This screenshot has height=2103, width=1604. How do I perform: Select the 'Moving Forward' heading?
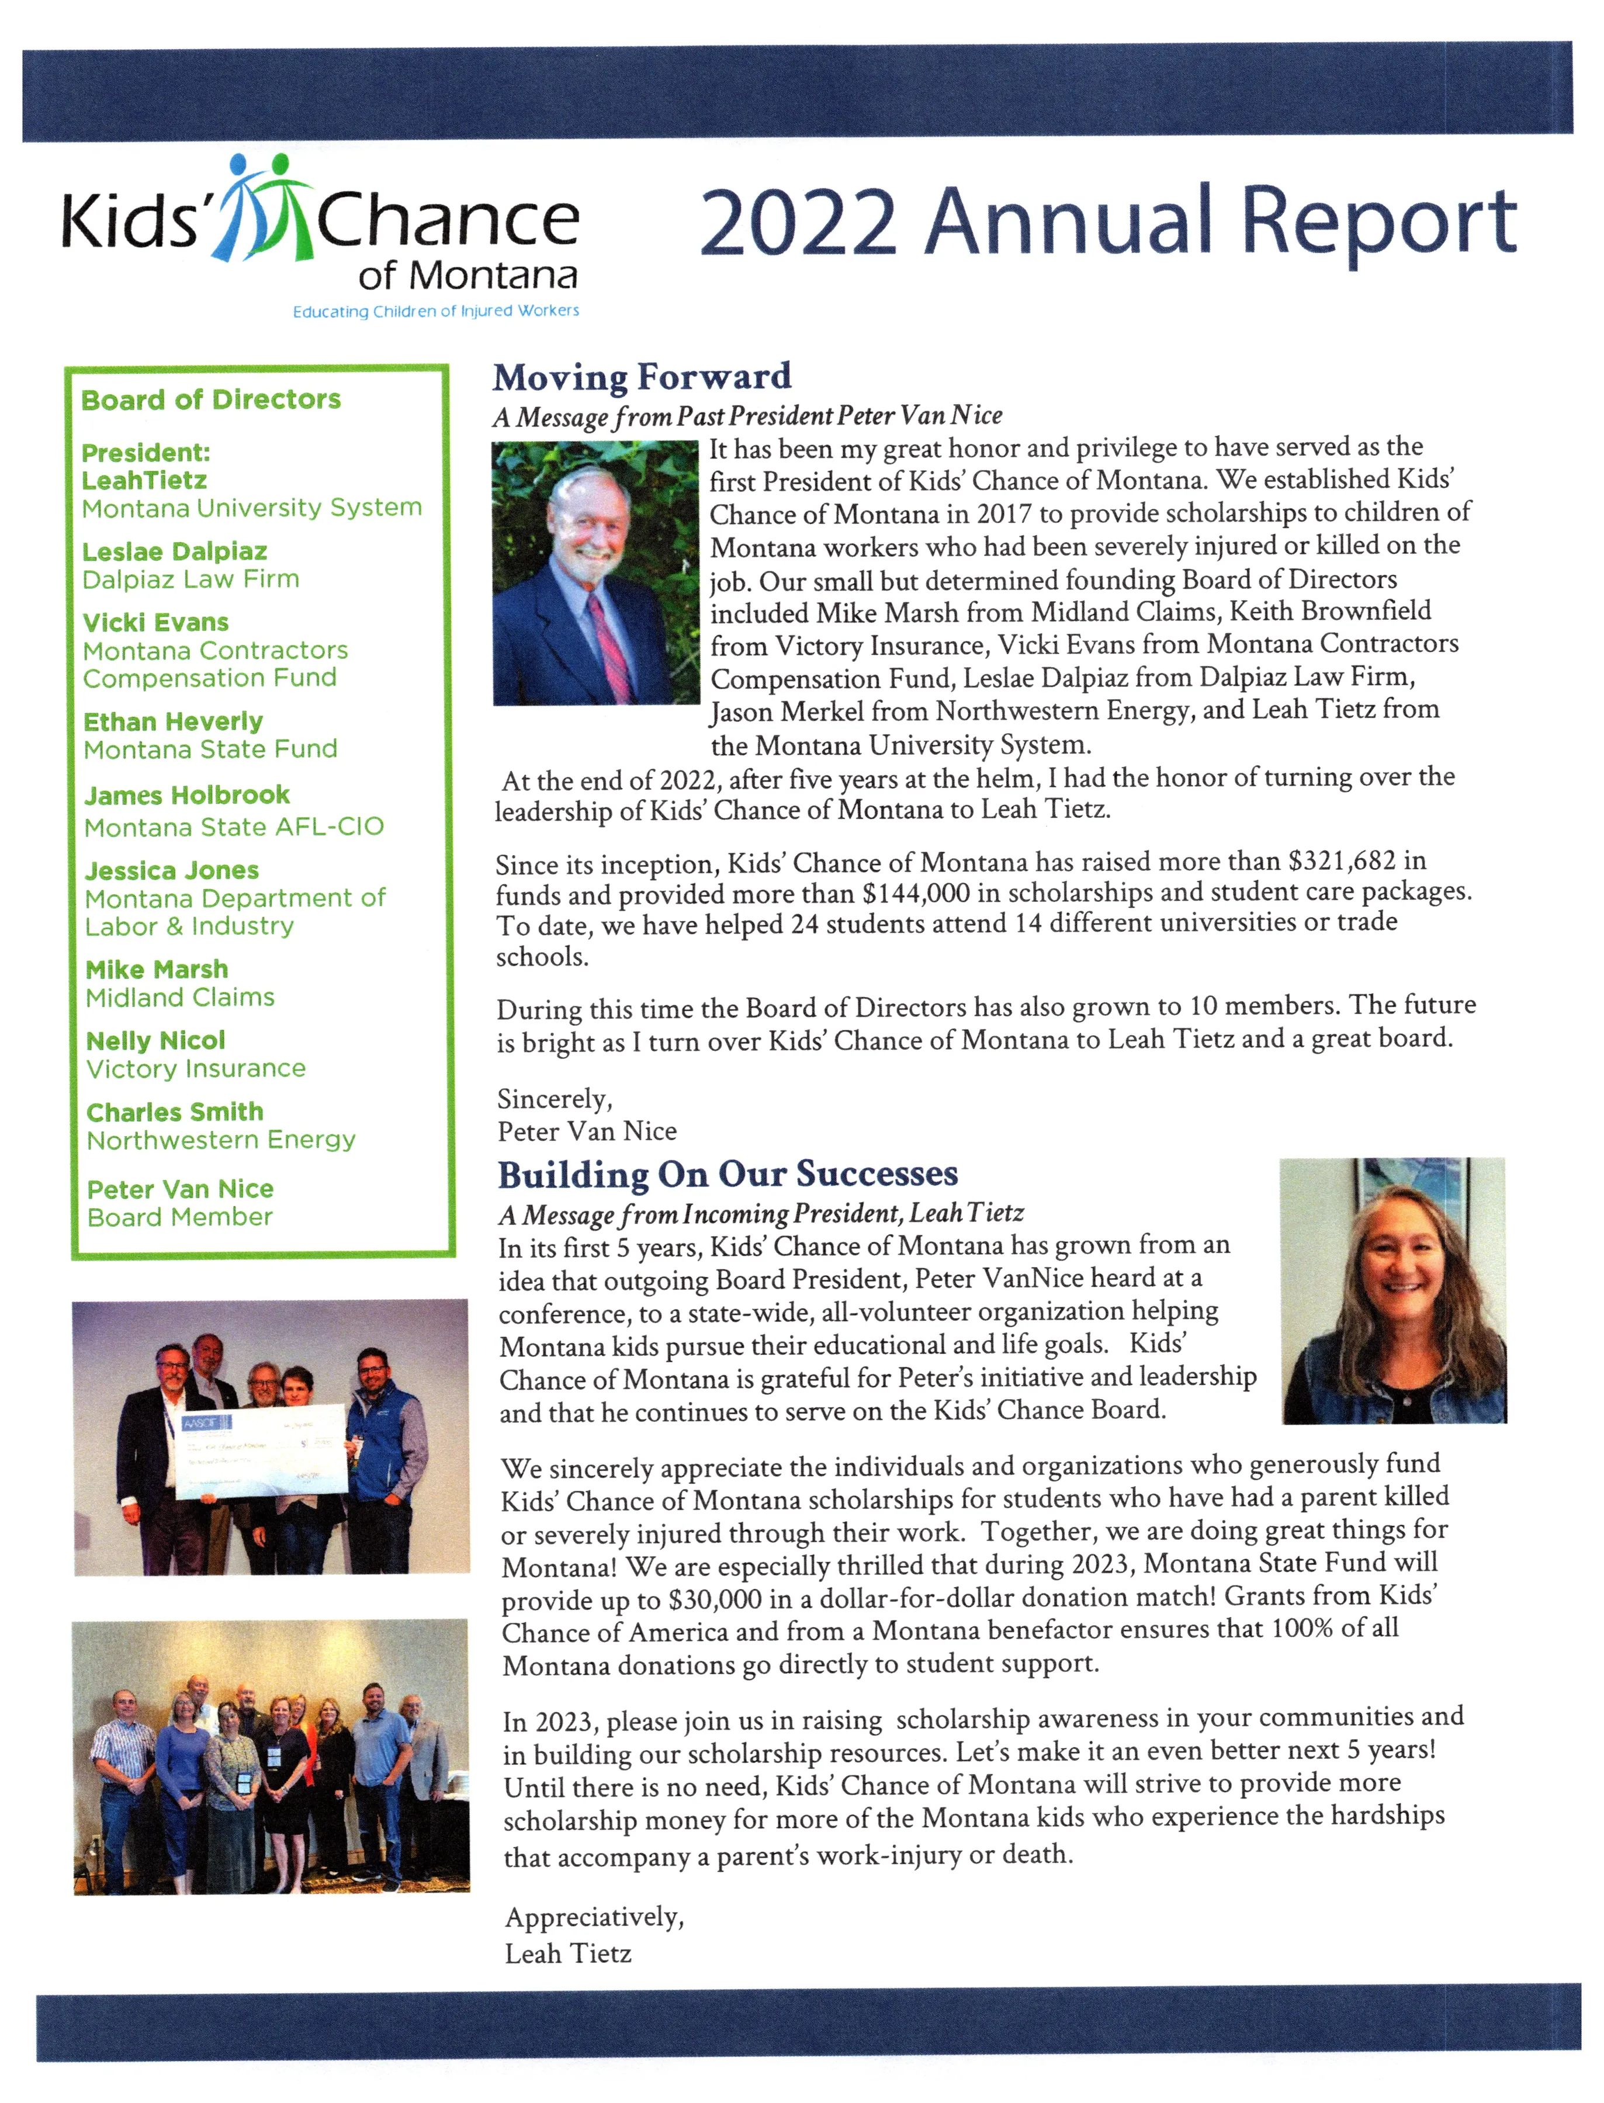642,377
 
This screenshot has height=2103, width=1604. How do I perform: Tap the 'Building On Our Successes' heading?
727,1174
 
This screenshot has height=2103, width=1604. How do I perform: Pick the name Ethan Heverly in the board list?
173,721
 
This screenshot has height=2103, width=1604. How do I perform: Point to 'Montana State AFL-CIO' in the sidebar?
234,827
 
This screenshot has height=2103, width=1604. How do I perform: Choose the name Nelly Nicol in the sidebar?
155,1040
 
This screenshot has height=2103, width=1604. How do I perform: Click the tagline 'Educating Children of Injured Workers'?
435,311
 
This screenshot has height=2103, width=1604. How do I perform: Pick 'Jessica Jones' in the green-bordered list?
172,870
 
